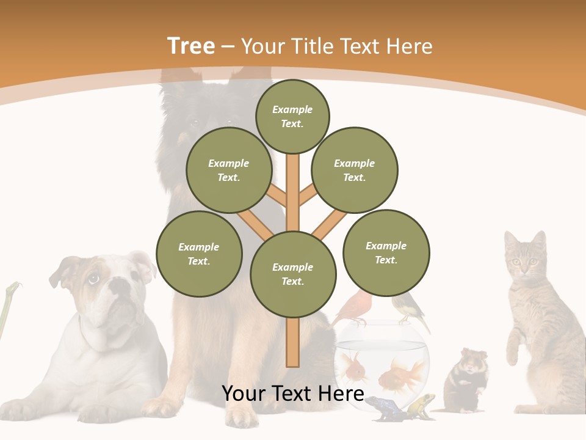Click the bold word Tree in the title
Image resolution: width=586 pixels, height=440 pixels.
(x=191, y=46)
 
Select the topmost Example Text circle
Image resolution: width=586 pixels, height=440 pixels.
(x=292, y=116)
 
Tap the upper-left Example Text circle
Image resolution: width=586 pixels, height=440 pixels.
(x=228, y=170)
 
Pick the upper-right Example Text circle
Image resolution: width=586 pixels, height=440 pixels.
(x=354, y=170)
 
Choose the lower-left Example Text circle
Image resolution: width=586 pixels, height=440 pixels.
(x=199, y=254)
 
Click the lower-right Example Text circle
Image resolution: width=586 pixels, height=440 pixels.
(x=386, y=253)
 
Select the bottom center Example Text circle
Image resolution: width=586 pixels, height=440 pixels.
(x=293, y=274)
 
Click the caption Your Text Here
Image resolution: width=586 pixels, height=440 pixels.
(x=292, y=394)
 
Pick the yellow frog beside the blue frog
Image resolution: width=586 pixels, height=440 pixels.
(x=421, y=405)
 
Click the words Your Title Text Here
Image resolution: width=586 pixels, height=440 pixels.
(x=337, y=46)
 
